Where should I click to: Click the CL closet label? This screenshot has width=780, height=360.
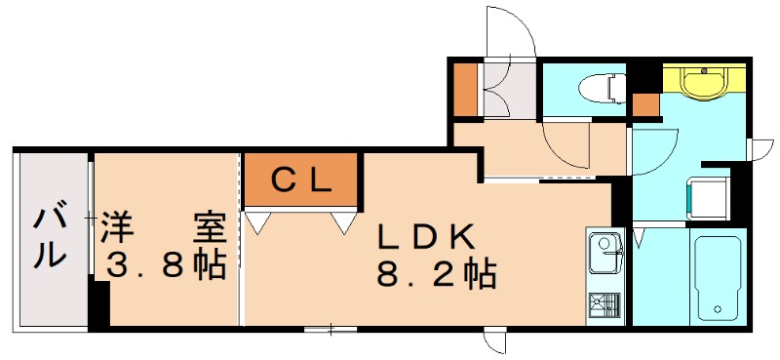(301, 180)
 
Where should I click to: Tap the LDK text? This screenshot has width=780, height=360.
(426, 237)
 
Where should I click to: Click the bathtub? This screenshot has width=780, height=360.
(719, 277)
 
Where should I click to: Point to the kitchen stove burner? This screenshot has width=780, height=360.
(604, 307)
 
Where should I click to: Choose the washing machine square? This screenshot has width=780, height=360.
(708, 198)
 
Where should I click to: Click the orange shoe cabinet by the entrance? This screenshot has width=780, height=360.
(466, 89)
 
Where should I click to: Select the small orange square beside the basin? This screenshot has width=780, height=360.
(645, 103)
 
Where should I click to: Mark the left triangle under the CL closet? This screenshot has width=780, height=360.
(257, 223)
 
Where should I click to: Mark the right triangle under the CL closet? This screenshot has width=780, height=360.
(342, 223)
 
